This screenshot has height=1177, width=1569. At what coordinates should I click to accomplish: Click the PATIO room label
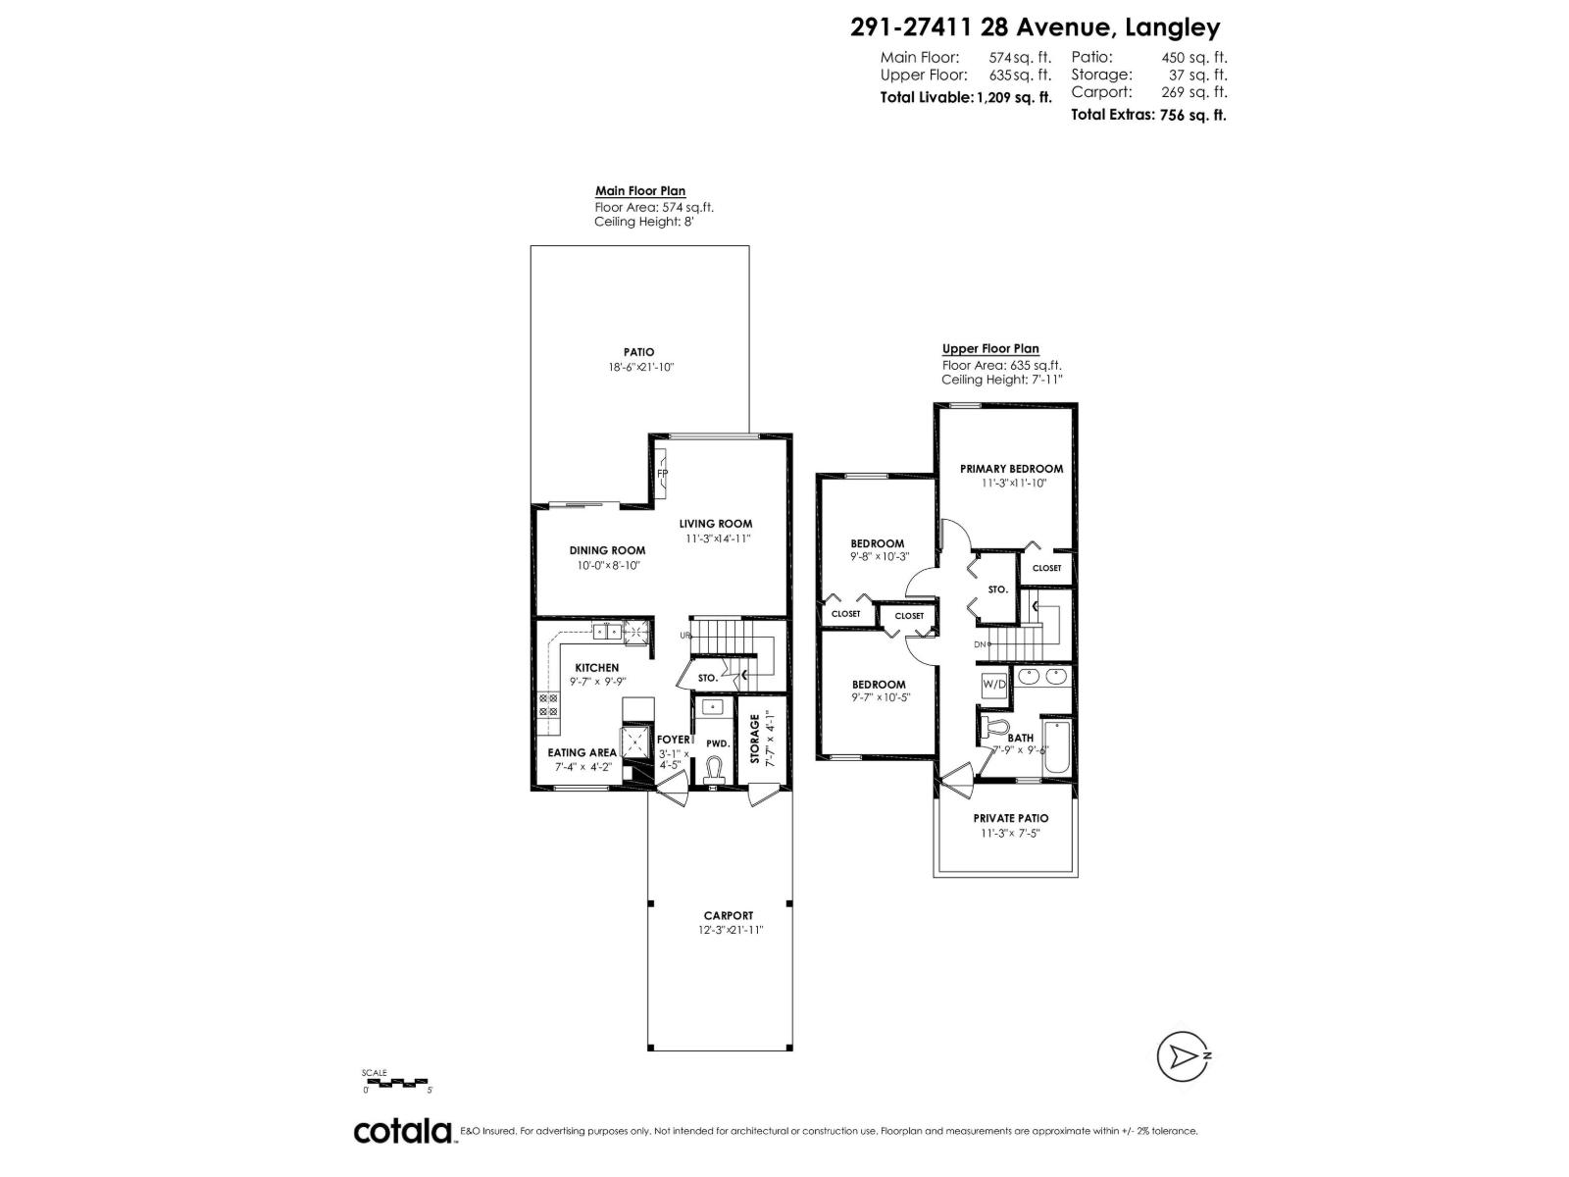click(638, 352)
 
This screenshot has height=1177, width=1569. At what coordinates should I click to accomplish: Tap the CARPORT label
click(728, 915)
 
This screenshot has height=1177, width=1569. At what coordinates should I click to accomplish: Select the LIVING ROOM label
click(716, 524)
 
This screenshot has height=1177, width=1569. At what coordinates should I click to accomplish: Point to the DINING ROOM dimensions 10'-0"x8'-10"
click(608, 565)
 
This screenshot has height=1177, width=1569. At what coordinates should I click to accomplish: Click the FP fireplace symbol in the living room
click(663, 473)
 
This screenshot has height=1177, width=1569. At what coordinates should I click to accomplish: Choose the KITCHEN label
click(596, 668)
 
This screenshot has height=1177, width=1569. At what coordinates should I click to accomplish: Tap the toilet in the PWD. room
click(713, 769)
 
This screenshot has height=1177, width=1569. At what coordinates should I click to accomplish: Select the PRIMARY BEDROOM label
click(1011, 469)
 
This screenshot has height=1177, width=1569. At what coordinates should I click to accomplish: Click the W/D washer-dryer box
click(993, 684)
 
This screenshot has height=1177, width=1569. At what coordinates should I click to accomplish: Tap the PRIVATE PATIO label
click(1010, 818)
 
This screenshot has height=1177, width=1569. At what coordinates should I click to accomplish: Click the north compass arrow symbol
click(1180, 1056)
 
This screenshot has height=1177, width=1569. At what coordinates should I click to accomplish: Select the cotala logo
click(403, 1131)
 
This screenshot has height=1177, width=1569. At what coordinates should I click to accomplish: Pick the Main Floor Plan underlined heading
click(640, 191)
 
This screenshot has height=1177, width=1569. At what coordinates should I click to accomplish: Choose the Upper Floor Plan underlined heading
click(990, 348)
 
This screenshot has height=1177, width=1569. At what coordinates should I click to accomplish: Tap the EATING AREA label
click(582, 753)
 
